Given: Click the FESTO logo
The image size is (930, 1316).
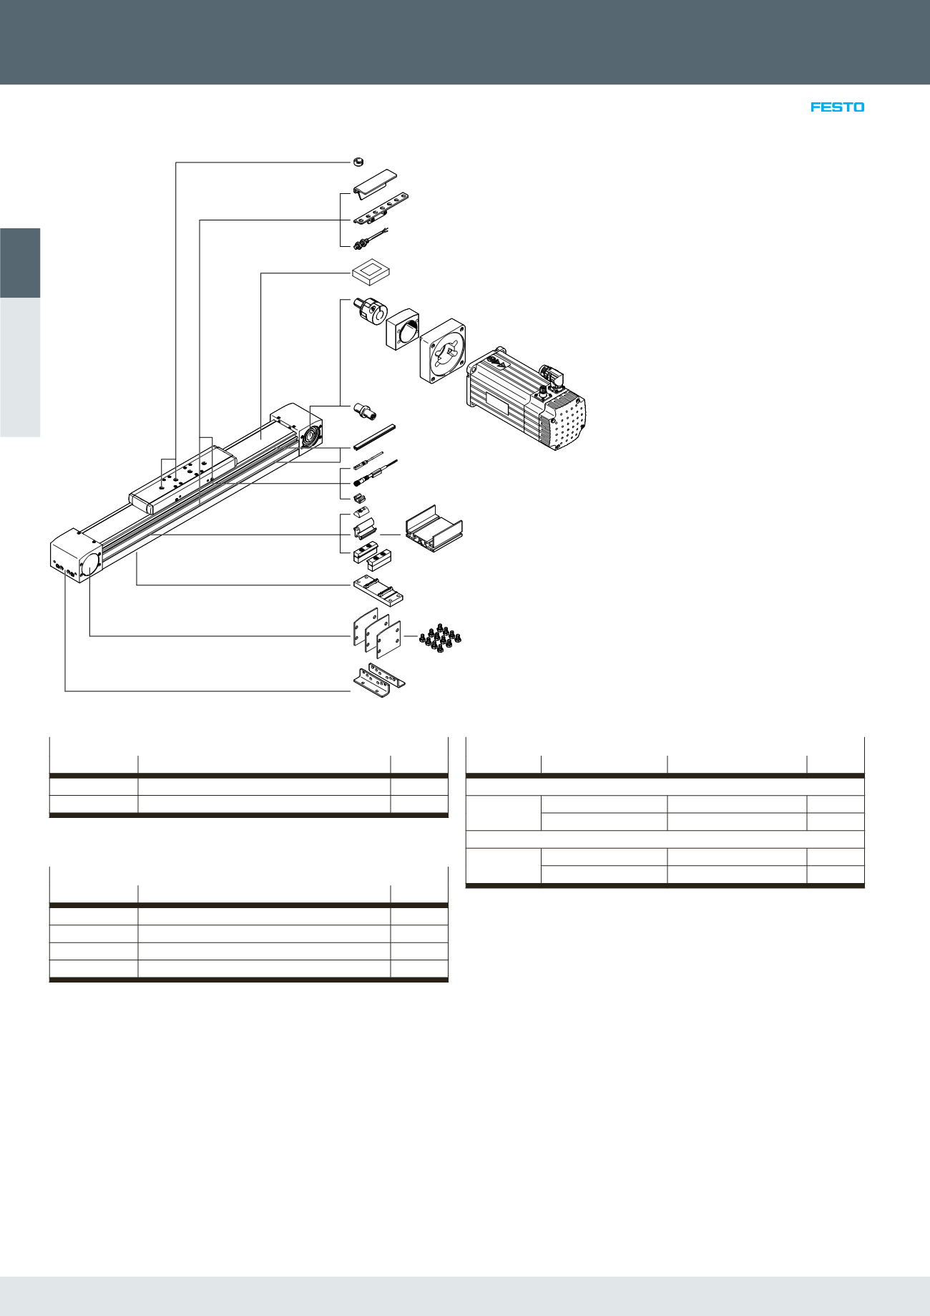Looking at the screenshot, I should (837, 107).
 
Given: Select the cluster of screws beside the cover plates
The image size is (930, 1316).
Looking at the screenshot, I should (439, 636).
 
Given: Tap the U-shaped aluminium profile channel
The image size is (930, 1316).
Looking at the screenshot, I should (434, 528).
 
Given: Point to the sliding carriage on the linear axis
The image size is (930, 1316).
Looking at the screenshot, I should (182, 479).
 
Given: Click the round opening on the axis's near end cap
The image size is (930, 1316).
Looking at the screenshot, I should (91, 562).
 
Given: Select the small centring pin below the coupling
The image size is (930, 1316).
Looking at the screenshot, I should (365, 411).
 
